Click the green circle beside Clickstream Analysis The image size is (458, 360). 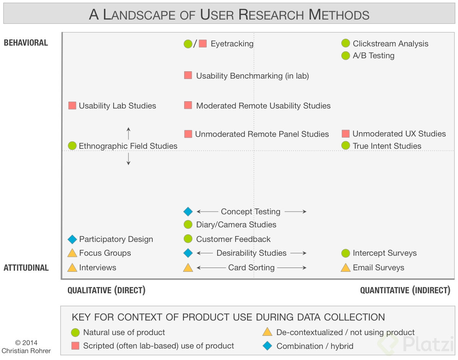[346, 44]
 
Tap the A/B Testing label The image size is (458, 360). [373, 56]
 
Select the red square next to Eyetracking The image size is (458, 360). [203, 44]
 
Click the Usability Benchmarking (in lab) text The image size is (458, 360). [252, 76]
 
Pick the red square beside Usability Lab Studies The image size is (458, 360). [72, 105]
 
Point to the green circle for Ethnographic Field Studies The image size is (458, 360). [72, 146]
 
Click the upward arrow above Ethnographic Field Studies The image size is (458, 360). [129, 133]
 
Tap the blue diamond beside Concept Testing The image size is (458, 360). [188, 212]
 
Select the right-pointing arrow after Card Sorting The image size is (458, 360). [292, 268]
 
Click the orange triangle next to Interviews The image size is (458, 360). [72, 268]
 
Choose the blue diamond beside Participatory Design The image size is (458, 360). [72, 239]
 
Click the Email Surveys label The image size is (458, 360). [378, 268]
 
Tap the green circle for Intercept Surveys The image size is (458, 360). [346, 253]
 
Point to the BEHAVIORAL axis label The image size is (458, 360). [26, 43]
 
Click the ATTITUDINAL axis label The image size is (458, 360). [26, 268]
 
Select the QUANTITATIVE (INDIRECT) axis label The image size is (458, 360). [405, 290]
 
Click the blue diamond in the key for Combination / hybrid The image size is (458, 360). [267, 346]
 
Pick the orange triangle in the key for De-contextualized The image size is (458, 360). [267, 332]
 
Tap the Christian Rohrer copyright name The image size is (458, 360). [26, 350]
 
